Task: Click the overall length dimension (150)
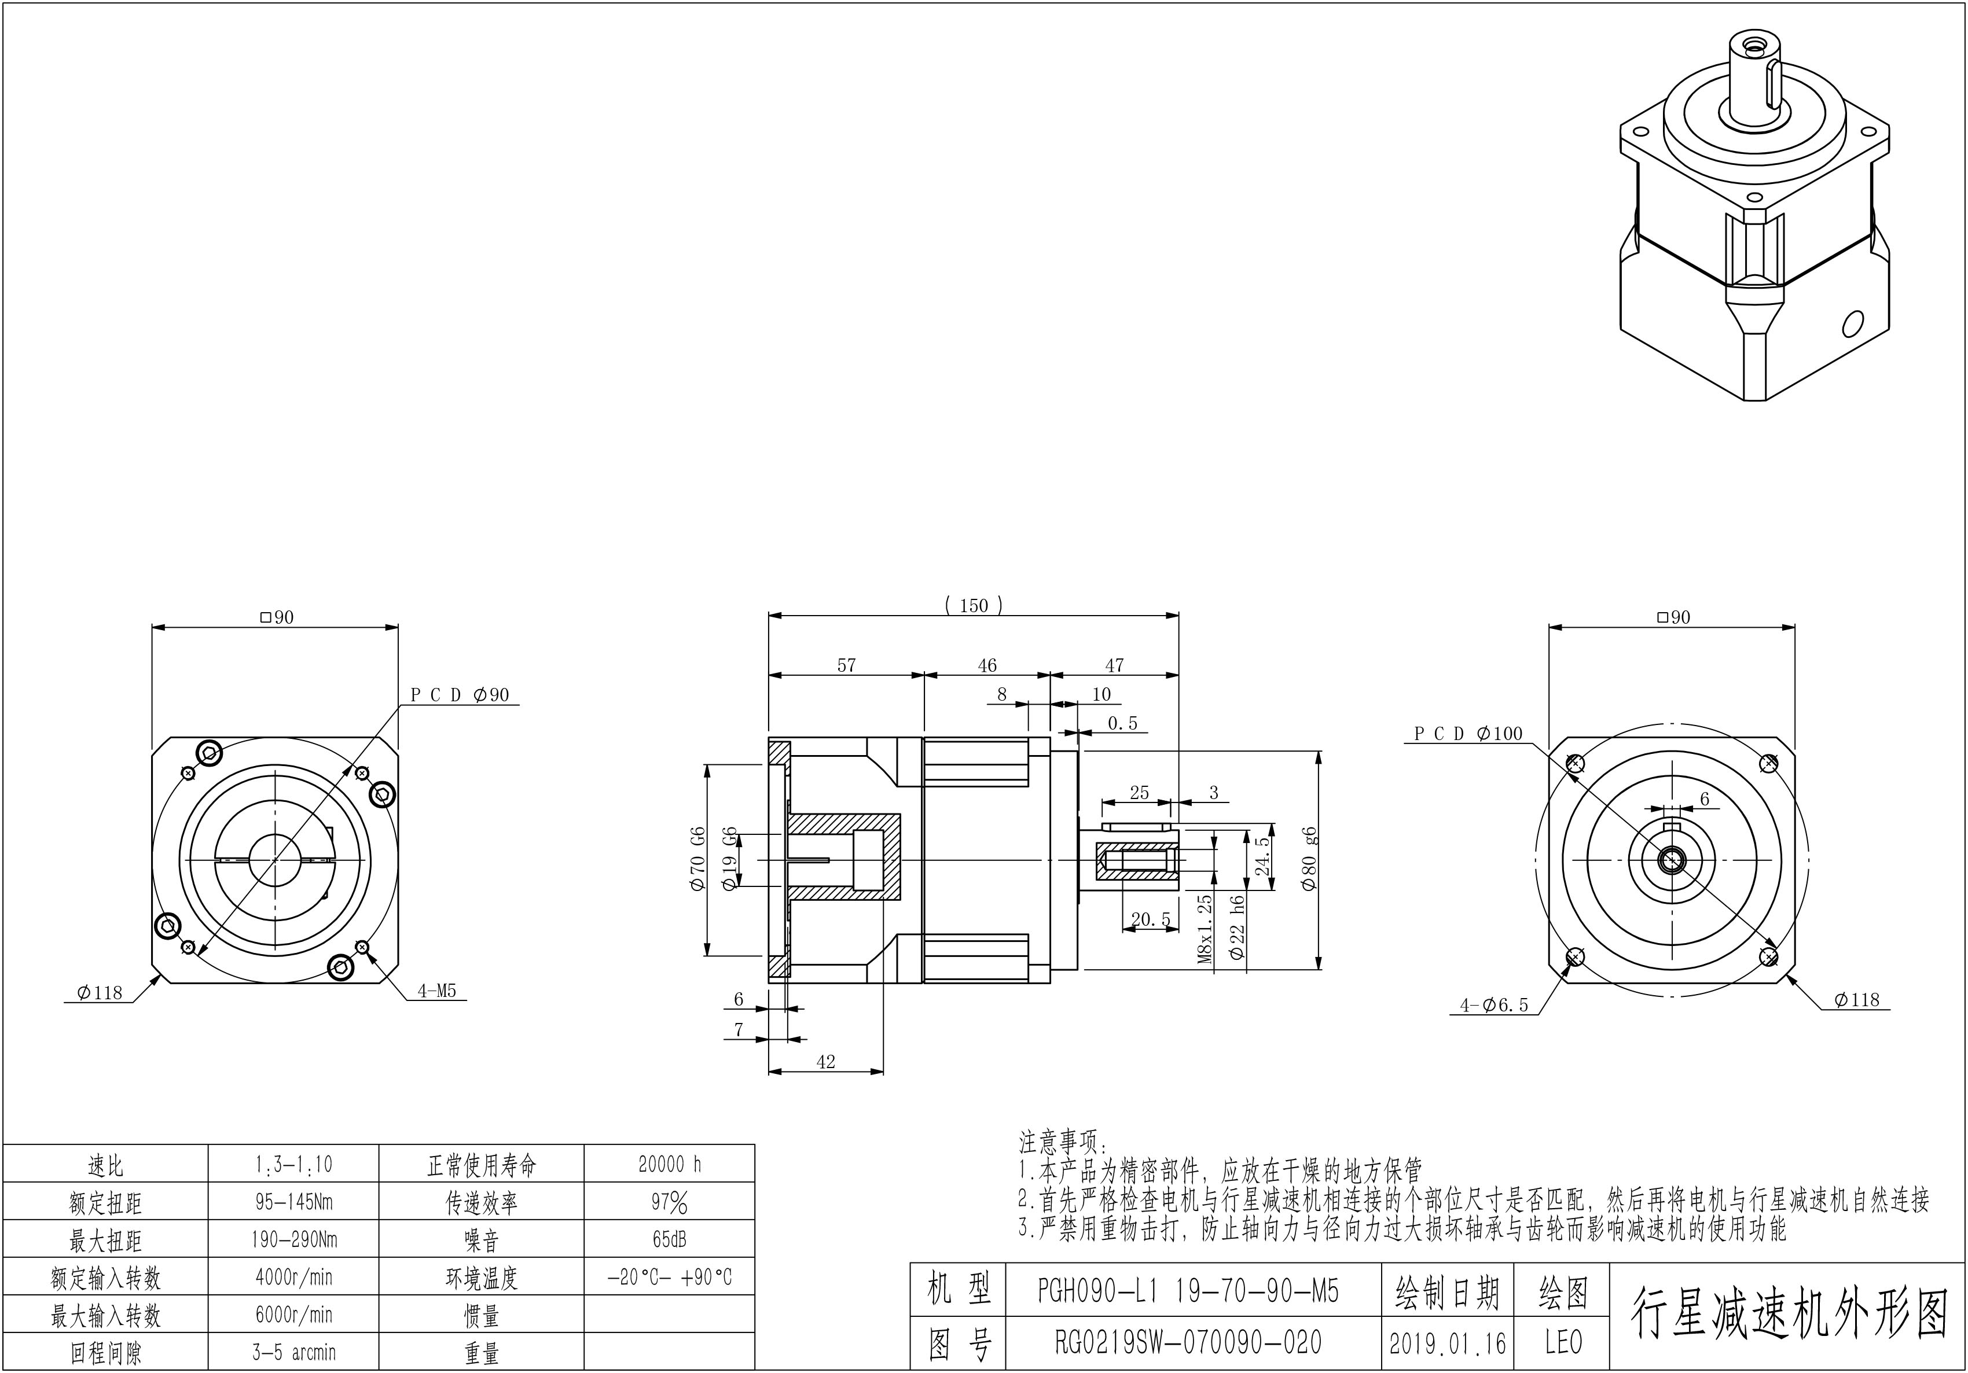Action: point(973,606)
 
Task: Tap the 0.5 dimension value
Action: point(1122,723)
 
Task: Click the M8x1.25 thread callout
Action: point(1205,930)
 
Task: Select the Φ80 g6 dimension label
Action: point(1309,859)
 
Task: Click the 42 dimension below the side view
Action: point(825,1062)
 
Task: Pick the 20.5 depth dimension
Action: point(1150,919)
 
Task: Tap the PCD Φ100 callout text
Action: point(1467,734)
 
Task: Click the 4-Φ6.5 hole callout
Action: point(1494,1006)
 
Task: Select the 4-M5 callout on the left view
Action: point(437,992)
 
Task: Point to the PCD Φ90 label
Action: point(460,695)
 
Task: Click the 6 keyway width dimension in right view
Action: point(1705,799)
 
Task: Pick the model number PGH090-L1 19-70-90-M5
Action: point(1188,1291)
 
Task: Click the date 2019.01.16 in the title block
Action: point(1447,1343)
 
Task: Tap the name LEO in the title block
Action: point(1563,1343)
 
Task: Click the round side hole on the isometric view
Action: point(1852,324)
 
